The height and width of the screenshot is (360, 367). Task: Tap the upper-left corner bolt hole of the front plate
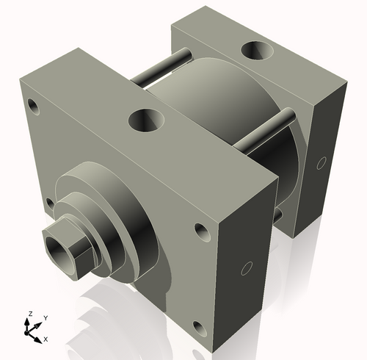33,105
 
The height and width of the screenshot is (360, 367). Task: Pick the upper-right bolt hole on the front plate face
200,231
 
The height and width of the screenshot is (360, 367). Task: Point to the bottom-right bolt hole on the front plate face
197,326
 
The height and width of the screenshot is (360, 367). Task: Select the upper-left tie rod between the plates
163,66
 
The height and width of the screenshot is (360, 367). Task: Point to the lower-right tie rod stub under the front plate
277,215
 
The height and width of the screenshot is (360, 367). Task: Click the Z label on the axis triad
30,314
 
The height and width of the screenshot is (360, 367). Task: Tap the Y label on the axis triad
45,317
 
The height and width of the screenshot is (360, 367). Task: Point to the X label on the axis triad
46,339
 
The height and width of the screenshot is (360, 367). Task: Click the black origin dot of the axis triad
31,331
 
